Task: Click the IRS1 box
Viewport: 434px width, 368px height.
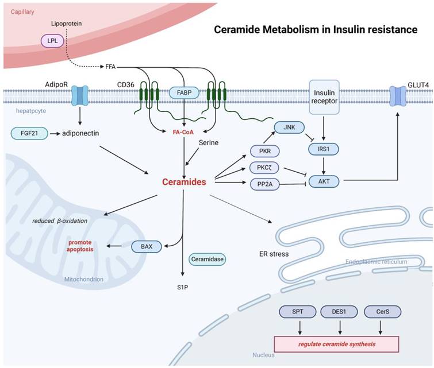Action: coord(327,148)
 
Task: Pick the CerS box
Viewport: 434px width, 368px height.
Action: coord(382,312)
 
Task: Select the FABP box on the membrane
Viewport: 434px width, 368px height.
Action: coord(184,92)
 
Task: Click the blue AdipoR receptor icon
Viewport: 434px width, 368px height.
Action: coord(78,95)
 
